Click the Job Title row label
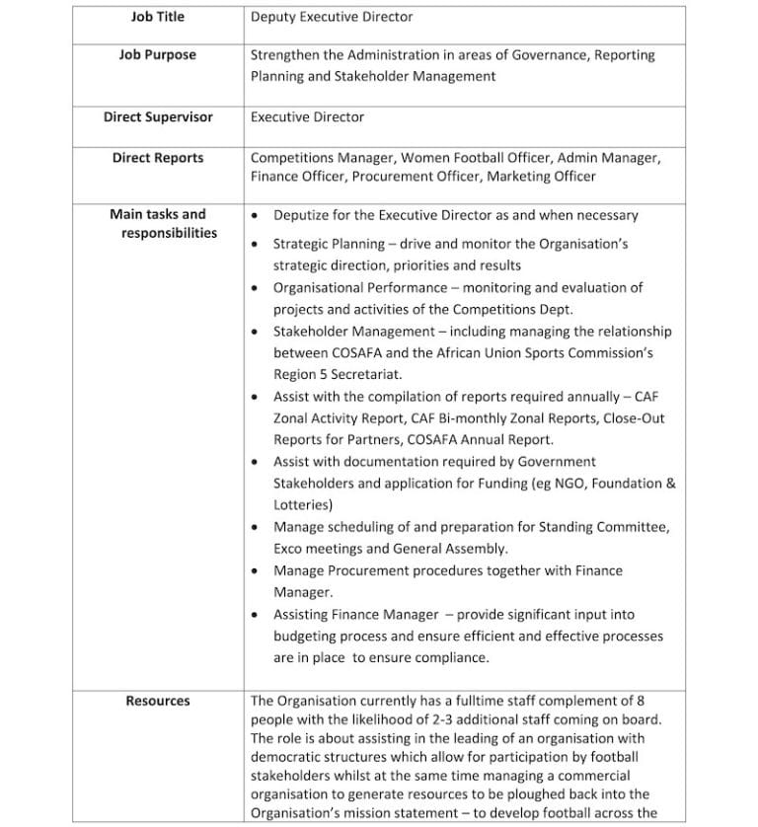[x=157, y=17]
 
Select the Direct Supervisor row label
[x=157, y=116]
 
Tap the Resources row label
[x=157, y=701]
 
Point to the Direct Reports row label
[x=157, y=158]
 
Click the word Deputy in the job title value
[x=275, y=17]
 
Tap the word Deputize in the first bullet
[x=304, y=215]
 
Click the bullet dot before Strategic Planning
[x=257, y=243]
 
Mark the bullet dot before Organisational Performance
[x=257, y=288]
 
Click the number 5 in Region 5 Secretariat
[x=324, y=375]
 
